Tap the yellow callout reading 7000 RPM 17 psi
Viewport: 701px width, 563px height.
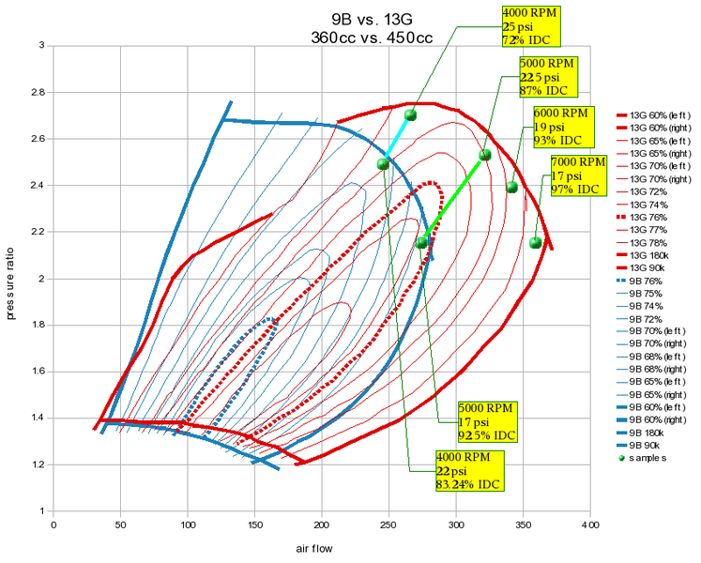tap(573, 175)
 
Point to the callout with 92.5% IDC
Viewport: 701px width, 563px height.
tap(490, 422)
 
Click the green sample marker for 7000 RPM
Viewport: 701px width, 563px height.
tap(536, 243)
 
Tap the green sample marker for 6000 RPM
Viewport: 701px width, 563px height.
tap(511, 188)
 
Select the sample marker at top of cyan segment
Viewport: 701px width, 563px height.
tap(410, 115)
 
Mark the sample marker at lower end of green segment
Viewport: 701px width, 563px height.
tap(421, 243)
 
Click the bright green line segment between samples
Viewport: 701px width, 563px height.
tap(453, 199)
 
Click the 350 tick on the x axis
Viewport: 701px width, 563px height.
tap(523, 525)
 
